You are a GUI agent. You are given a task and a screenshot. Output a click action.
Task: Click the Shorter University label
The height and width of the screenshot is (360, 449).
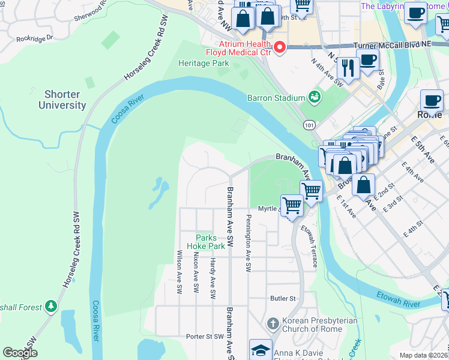click(x=62, y=100)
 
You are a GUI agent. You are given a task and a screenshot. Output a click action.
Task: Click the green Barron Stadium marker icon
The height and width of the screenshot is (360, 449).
click(x=313, y=97)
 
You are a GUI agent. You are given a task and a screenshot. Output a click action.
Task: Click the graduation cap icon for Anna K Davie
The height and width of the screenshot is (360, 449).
click(x=261, y=350)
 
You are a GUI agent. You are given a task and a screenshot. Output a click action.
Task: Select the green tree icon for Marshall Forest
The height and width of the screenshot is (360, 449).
click(x=51, y=307)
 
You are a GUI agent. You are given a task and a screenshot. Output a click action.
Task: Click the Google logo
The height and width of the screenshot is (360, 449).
click(x=20, y=353)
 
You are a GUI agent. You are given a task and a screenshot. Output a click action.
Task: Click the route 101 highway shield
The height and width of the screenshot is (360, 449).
click(x=309, y=125)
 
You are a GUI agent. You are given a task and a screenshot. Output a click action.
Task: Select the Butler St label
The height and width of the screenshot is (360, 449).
click(x=283, y=298)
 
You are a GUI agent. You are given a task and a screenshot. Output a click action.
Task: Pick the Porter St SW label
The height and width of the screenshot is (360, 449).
click(x=205, y=337)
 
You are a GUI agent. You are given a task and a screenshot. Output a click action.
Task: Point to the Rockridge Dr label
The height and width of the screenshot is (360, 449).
click(x=35, y=37)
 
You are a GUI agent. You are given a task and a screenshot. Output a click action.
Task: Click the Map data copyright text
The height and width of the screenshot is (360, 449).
click(x=424, y=355)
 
